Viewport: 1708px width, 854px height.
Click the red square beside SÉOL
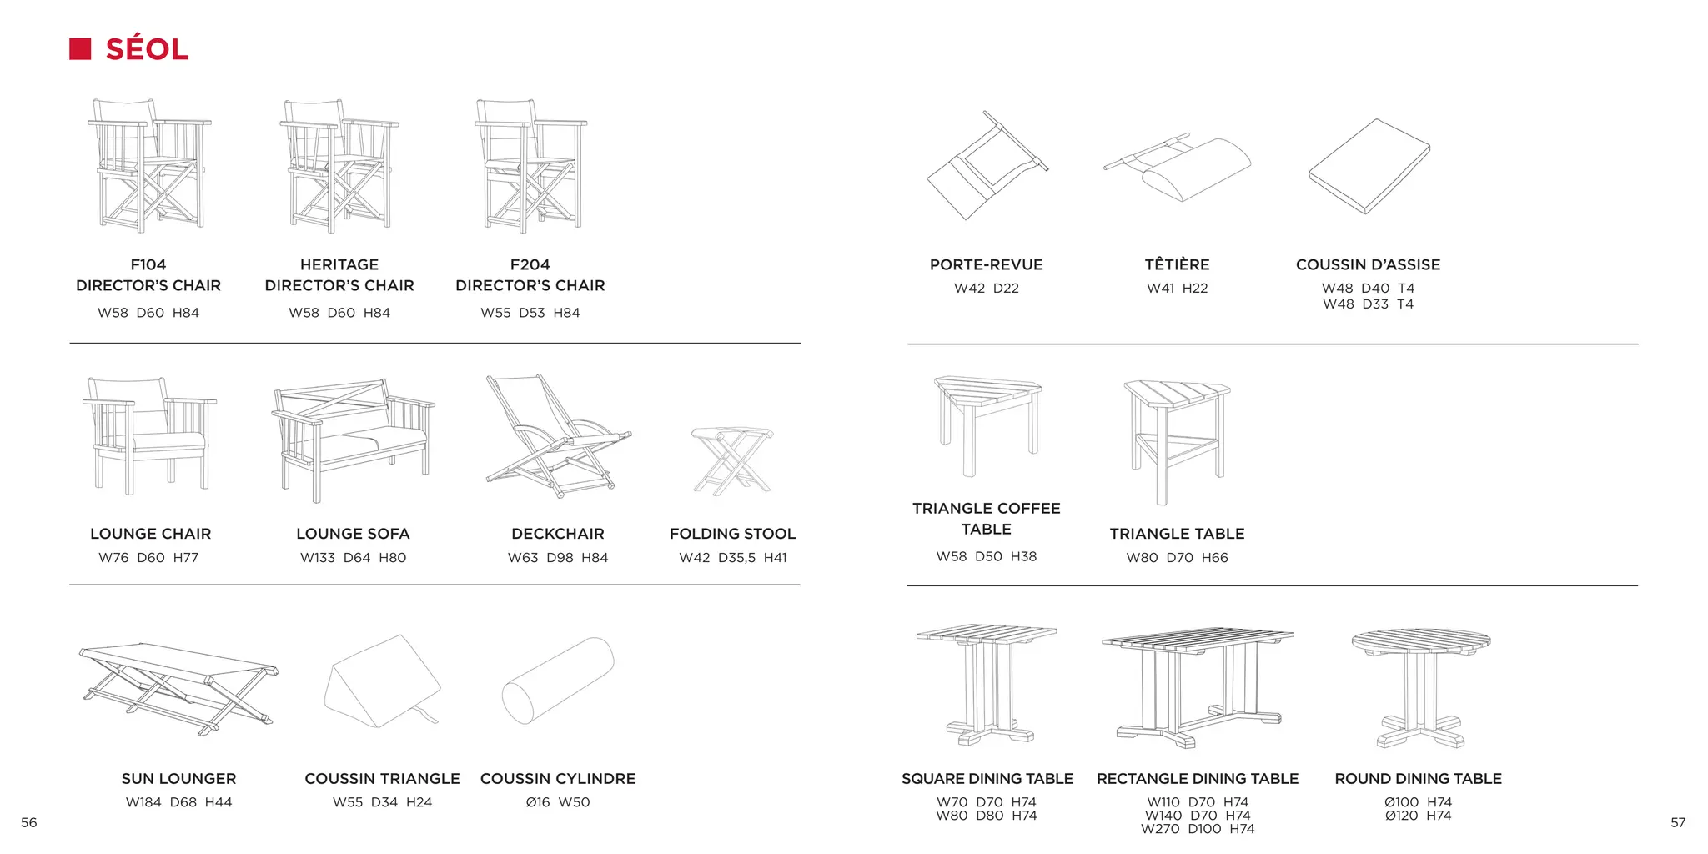(x=80, y=49)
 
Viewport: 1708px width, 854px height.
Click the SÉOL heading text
(x=147, y=49)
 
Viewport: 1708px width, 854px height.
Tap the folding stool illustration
(x=731, y=460)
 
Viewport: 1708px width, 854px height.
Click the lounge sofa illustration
(x=353, y=438)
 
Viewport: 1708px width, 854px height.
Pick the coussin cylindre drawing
(x=557, y=681)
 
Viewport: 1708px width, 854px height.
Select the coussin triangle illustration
(x=382, y=681)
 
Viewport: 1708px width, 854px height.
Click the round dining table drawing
(x=1420, y=687)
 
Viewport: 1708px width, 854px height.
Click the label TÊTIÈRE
(x=1177, y=264)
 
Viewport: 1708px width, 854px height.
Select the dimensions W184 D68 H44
(x=178, y=802)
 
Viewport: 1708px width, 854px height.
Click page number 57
(x=1678, y=822)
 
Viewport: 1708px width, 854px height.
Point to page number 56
(x=29, y=822)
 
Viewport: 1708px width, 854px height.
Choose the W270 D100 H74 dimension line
(x=1198, y=829)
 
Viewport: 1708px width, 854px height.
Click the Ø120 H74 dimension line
(x=1418, y=816)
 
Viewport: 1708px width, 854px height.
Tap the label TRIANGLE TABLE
(x=1177, y=534)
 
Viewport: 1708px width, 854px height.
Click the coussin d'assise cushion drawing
(x=1369, y=165)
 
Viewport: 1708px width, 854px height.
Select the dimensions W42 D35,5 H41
(x=732, y=558)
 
